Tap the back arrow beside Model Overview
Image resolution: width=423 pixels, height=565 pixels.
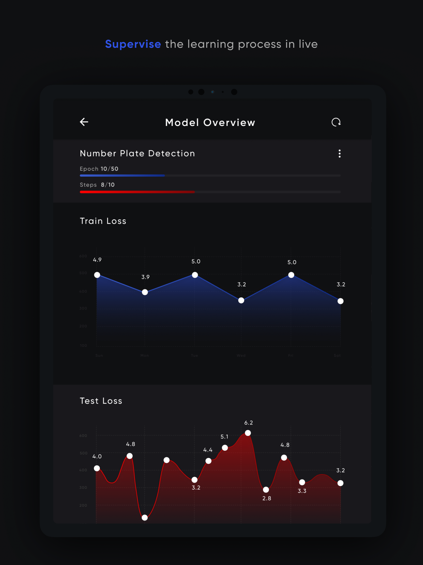coord(84,122)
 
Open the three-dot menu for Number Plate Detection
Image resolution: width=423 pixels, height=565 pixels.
coord(339,153)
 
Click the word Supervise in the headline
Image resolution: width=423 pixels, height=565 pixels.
coord(133,44)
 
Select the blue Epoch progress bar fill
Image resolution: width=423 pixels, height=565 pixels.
coord(122,176)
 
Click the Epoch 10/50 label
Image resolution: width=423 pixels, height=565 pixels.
coord(99,169)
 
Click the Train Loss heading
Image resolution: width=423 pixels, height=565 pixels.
coord(103,221)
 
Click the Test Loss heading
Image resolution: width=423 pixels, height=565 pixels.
coord(101,401)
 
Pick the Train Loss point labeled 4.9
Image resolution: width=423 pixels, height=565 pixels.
coord(97,275)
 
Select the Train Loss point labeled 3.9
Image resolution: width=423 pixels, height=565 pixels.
coord(145,292)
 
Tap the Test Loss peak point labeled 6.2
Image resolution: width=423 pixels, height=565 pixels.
coord(248,433)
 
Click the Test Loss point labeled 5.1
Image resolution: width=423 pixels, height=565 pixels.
coord(225,448)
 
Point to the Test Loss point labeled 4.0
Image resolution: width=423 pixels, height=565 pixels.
coord(97,468)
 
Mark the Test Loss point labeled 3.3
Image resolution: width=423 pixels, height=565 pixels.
coord(302,482)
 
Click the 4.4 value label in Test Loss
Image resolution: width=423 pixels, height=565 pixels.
coord(208,450)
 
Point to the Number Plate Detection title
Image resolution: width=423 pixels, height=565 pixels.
coord(137,153)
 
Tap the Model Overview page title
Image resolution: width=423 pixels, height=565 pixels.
coord(210,123)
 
